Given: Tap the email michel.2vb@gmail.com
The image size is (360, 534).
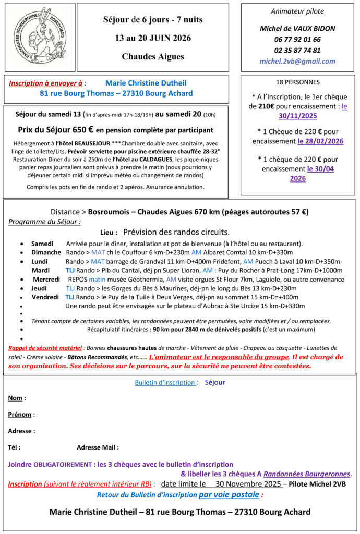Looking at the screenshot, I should tap(297, 62).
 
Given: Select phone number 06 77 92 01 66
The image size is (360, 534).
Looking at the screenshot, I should tap(297, 39).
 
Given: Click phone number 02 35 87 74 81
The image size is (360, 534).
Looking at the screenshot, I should tap(297, 50).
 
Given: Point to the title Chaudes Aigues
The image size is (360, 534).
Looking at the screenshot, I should tap(152, 56).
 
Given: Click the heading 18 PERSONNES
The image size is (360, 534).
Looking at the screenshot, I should tap(297, 82).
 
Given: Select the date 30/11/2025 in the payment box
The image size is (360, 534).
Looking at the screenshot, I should tap(297, 116).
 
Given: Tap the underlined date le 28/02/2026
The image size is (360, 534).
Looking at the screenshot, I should tap(320, 141).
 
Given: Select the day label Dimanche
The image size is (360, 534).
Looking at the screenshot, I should tap(46, 252).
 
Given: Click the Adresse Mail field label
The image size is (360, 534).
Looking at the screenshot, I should tap(97, 447).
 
